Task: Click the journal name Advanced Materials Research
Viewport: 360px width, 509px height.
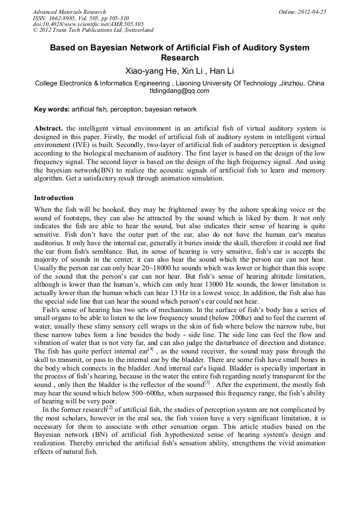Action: click(x=69, y=12)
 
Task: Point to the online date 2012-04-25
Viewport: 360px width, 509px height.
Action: click(x=312, y=12)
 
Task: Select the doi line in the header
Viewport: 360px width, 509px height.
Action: click(x=88, y=24)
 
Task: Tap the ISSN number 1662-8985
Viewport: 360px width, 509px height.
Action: click(x=64, y=18)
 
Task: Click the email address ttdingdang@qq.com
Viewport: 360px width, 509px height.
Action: click(x=179, y=91)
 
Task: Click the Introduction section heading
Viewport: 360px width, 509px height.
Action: click(x=54, y=198)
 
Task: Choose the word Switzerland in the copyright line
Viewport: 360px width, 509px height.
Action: click(x=135, y=30)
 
